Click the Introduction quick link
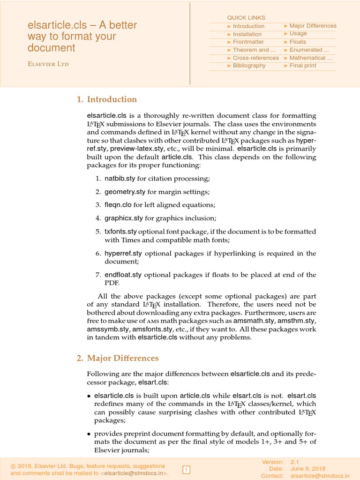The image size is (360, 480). click(x=248, y=26)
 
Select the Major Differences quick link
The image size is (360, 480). click(x=313, y=26)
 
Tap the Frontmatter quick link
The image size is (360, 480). click(x=248, y=42)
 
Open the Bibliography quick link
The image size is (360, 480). click(x=249, y=66)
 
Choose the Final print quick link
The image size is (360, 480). click(x=302, y=66)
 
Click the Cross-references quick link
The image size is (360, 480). click(x=255, y=58)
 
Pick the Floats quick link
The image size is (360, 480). click(x=297, y=42)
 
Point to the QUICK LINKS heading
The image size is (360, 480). click(x=246, y=18)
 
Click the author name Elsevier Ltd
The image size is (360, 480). click(x=48, y=64)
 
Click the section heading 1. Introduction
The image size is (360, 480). click(x=107, y=99)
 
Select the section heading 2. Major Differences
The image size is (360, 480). click(x=118, y=358)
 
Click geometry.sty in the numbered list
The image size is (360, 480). click(x=125, y=192)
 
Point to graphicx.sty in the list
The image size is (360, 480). click(x=123, y=218)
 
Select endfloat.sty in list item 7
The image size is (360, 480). click(x=123, y=275)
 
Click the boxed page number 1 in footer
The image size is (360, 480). click(x=186, y=469)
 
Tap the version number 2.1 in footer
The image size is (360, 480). click(x=295, y=462)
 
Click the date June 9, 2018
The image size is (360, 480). click(x=308, y=469)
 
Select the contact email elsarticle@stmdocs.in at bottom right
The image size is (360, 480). click(x=320, y=475)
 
